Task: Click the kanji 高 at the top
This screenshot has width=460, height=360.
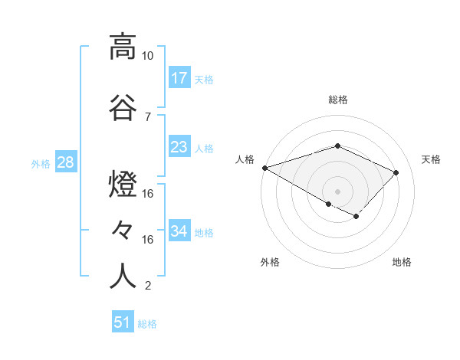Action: [123, 47]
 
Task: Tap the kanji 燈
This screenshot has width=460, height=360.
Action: [123, 185]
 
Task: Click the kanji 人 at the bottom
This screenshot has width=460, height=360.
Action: [123, 277]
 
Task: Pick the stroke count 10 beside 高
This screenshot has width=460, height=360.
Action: [148, 56]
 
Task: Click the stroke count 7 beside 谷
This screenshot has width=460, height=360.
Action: [148, 117]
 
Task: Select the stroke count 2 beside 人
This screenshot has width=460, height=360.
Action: [148, 286]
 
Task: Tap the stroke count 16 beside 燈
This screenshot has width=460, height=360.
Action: [148, 194]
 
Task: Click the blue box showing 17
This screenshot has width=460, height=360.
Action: [179, 78]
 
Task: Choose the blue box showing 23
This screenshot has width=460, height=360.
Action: [179, 147]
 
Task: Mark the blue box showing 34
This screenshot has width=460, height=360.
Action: [179, 231]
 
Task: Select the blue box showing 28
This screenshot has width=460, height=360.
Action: [65, 162]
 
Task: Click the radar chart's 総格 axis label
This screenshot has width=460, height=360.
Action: [337, 100]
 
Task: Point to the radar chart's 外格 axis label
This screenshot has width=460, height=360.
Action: [270, 263]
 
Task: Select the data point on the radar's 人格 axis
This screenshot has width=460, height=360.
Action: [264, 168]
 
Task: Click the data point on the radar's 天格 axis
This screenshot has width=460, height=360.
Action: [396, 172]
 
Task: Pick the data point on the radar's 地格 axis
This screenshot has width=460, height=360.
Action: [356, 216]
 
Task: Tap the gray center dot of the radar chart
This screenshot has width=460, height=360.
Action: [337, 191]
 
